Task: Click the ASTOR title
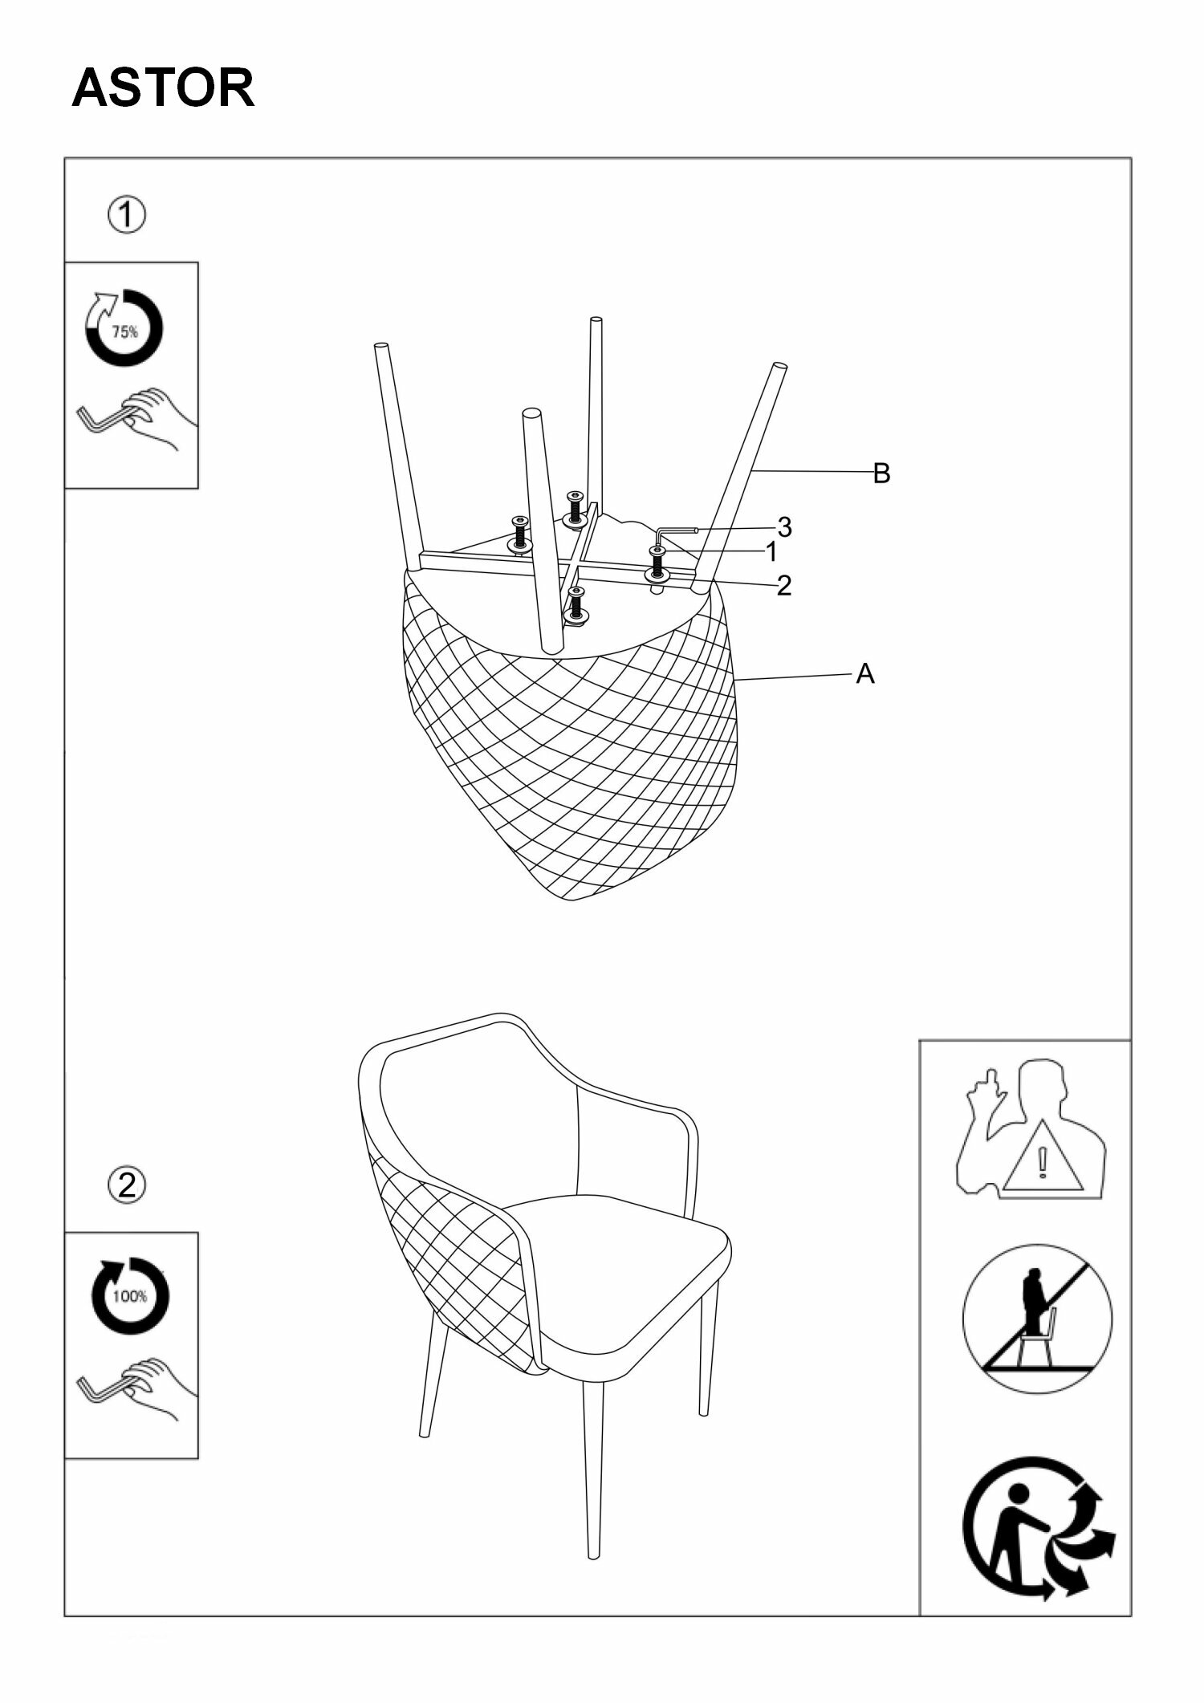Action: click(x=163, y=88)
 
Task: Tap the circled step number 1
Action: click(x=127, y=216)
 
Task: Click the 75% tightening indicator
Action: click(x=124, y=328)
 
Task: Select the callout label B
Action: click(x=881, y=474)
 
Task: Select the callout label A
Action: click(x=864, y=674)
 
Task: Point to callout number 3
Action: click(x=784, y=527)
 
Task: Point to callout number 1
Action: click(x=771, y=552)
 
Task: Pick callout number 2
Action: click(x=784, y=585)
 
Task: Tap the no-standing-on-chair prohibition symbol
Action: click(x=1037, y=1319)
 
